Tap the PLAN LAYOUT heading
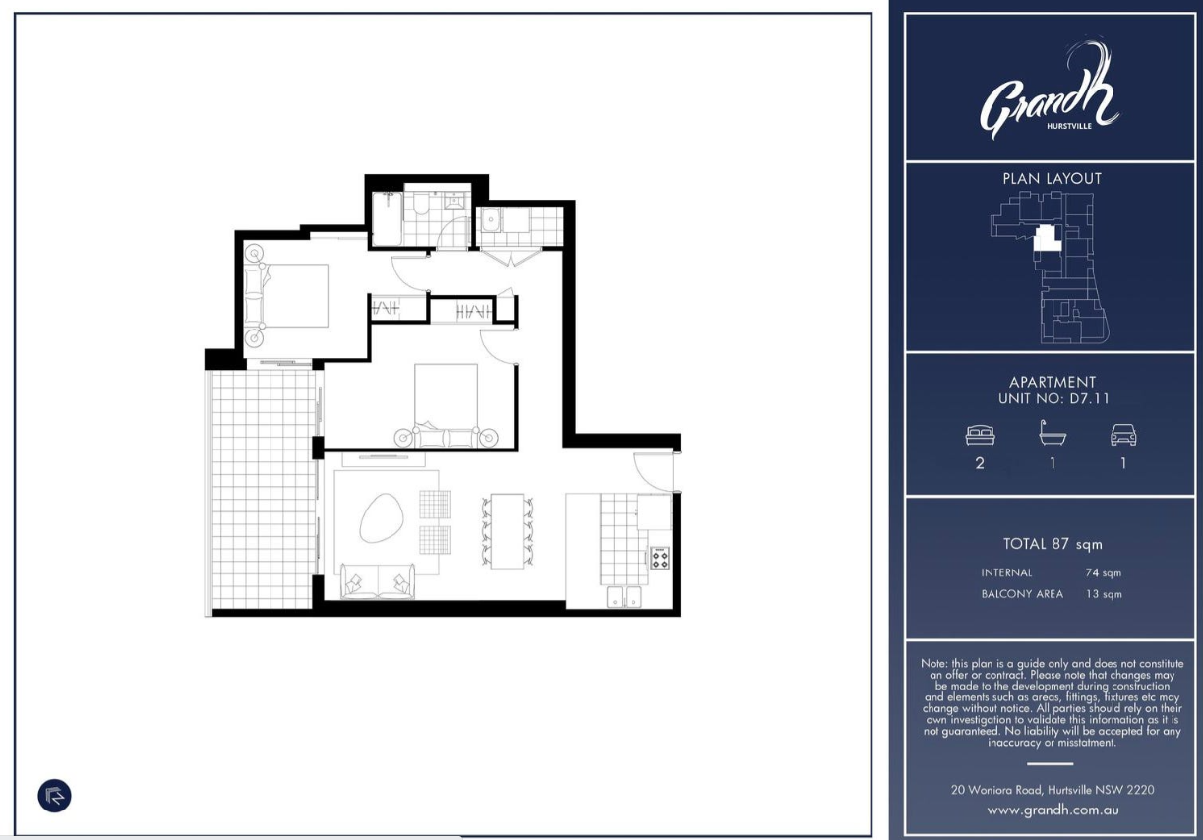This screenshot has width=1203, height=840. [1053, 179]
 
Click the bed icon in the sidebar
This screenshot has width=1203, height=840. [980, 435]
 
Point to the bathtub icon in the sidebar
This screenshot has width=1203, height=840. [1053, 433]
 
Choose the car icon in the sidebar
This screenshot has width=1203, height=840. [1123, 435]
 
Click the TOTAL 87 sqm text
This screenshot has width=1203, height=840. [1053, 544]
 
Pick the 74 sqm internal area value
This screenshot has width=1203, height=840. [1104, 573]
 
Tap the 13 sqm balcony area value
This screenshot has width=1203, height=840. [1104, 594]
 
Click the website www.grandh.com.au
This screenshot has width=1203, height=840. [1053, 810]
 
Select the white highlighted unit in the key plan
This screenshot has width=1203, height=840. [1048, 238]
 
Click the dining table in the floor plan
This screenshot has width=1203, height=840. [508, 530]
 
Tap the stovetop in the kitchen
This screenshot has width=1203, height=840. [660, 558]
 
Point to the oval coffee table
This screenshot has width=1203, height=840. [381, 517]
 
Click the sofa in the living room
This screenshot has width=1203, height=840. [378, 581]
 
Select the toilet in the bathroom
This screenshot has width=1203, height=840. [421, 203]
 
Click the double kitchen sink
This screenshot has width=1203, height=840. [624, 597]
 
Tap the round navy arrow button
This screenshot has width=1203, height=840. [54, 796]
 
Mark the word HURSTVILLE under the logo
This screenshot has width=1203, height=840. [1069, 126]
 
